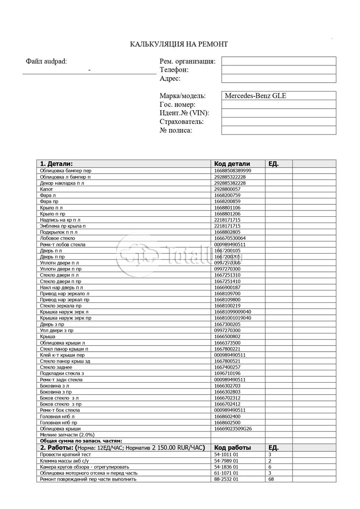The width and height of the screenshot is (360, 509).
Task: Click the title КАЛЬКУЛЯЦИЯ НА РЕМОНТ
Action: [179, 44]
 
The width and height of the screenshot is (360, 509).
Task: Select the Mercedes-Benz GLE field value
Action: [255, 96]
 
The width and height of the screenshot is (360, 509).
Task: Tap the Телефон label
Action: [174, 70]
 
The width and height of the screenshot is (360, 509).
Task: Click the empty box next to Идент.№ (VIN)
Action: [278, 113]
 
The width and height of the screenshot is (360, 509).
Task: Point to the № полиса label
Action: [176, 130]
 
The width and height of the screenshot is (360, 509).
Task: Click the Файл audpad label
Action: [46, 61]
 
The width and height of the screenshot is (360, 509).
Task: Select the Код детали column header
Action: [232, 164]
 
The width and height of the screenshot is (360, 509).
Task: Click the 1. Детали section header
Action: [56, 164]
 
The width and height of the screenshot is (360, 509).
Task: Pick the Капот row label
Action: [47, 189]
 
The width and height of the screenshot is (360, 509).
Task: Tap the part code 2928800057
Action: [227, 189]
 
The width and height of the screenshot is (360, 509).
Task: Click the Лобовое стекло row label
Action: [57, 238]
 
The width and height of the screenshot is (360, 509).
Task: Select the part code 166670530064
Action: [230, 238]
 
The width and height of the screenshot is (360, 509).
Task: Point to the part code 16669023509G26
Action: [233, 429]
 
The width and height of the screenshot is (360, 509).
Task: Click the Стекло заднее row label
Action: [56, 367]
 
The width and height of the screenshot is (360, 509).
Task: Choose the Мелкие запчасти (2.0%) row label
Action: [67, 435]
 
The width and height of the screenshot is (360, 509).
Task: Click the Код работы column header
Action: [232, 447]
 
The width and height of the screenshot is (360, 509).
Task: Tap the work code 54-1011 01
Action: [226, 454]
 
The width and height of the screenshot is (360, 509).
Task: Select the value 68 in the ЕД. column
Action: [271, 479]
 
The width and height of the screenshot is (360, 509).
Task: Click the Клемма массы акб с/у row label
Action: [64, 461]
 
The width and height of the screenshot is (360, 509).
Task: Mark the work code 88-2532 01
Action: [226, 479]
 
